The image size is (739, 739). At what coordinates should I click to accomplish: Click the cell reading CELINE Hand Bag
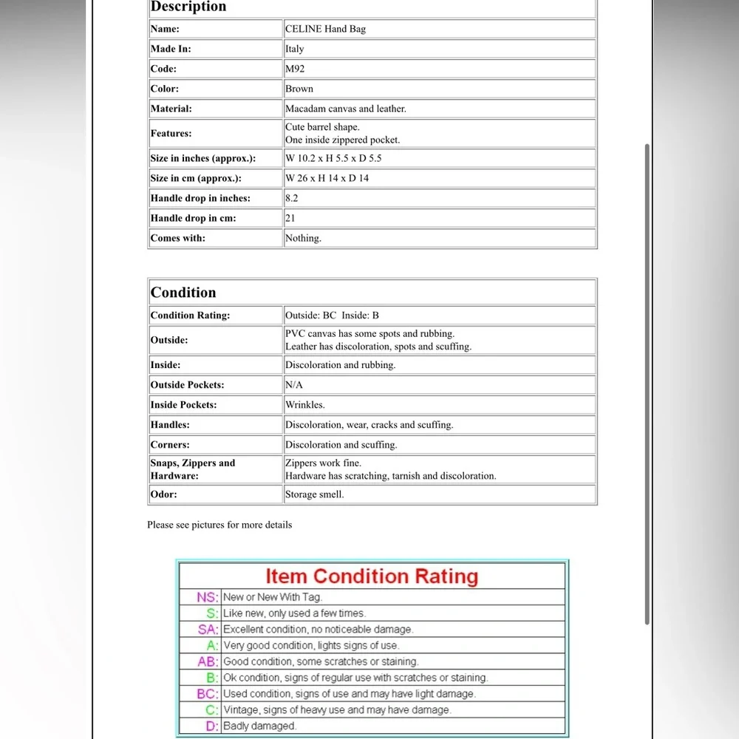click(x=325, y=29)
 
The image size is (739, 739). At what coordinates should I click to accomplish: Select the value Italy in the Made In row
click(x=295, y=49)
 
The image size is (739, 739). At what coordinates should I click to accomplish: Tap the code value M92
click(x=295, y=69)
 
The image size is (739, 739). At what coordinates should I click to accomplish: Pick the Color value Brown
click(x=299, y=89)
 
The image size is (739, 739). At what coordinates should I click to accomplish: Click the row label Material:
click(x=171, y=109)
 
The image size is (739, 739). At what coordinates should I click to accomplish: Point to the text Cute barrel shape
click(x=322, y=127)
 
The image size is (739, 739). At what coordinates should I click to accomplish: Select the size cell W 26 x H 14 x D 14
click(x=327, y=178)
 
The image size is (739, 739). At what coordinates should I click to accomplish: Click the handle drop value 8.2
click(x=292, y=198)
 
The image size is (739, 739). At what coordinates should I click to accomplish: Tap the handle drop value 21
click(x=290, y=218)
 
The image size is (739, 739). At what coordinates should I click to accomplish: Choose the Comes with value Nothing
click(x=303, y=238)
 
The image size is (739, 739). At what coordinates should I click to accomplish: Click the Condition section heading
click(x=183, y=292)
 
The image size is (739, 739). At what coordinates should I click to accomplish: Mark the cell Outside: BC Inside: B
click(x=332, y=315)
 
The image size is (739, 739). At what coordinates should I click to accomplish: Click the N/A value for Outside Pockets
click(x=294, y=384)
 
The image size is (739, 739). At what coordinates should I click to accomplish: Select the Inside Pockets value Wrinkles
click(x=304, y=404)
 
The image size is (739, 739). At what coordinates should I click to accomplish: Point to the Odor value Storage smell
click(x=314, y=494)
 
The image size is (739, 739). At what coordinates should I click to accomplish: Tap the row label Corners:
click(x=170, y=444)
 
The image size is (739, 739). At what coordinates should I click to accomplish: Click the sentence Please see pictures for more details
click(x=219, y=525)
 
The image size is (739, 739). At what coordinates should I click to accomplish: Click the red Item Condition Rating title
click(x=372, y=576)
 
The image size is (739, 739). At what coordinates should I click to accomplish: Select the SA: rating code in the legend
click(x=208, y=630)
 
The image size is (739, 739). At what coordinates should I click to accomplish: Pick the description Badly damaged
click(x=259, y=726)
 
